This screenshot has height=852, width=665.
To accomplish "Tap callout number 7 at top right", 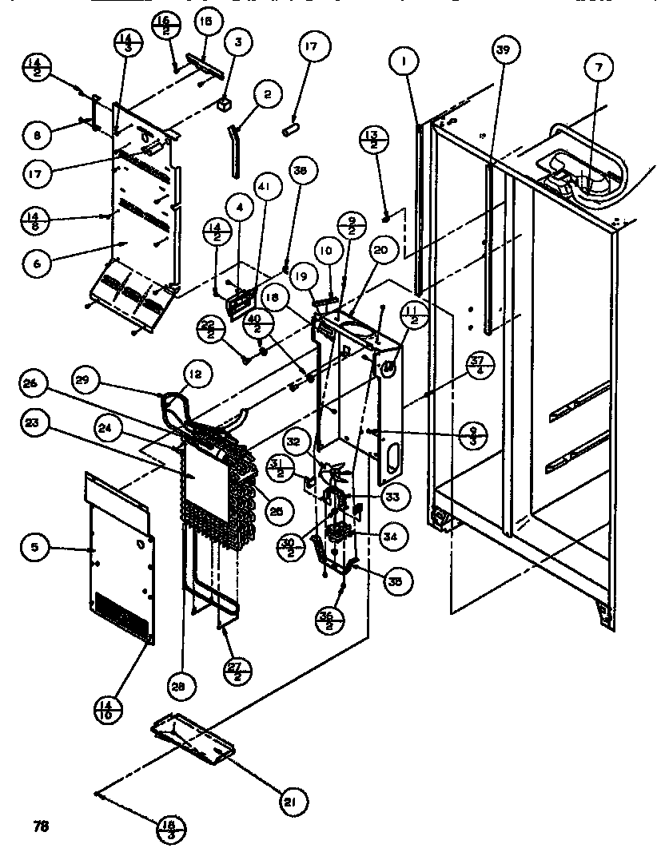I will pyautogui.click(x=595, y=68).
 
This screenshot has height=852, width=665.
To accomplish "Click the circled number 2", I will pyautogui.click(x=267, y=94).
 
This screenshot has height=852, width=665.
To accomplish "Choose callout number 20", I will pyautogui.click(x=380, y=250).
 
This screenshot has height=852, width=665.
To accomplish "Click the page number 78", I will pyautogui.click(x=41, y=826).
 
